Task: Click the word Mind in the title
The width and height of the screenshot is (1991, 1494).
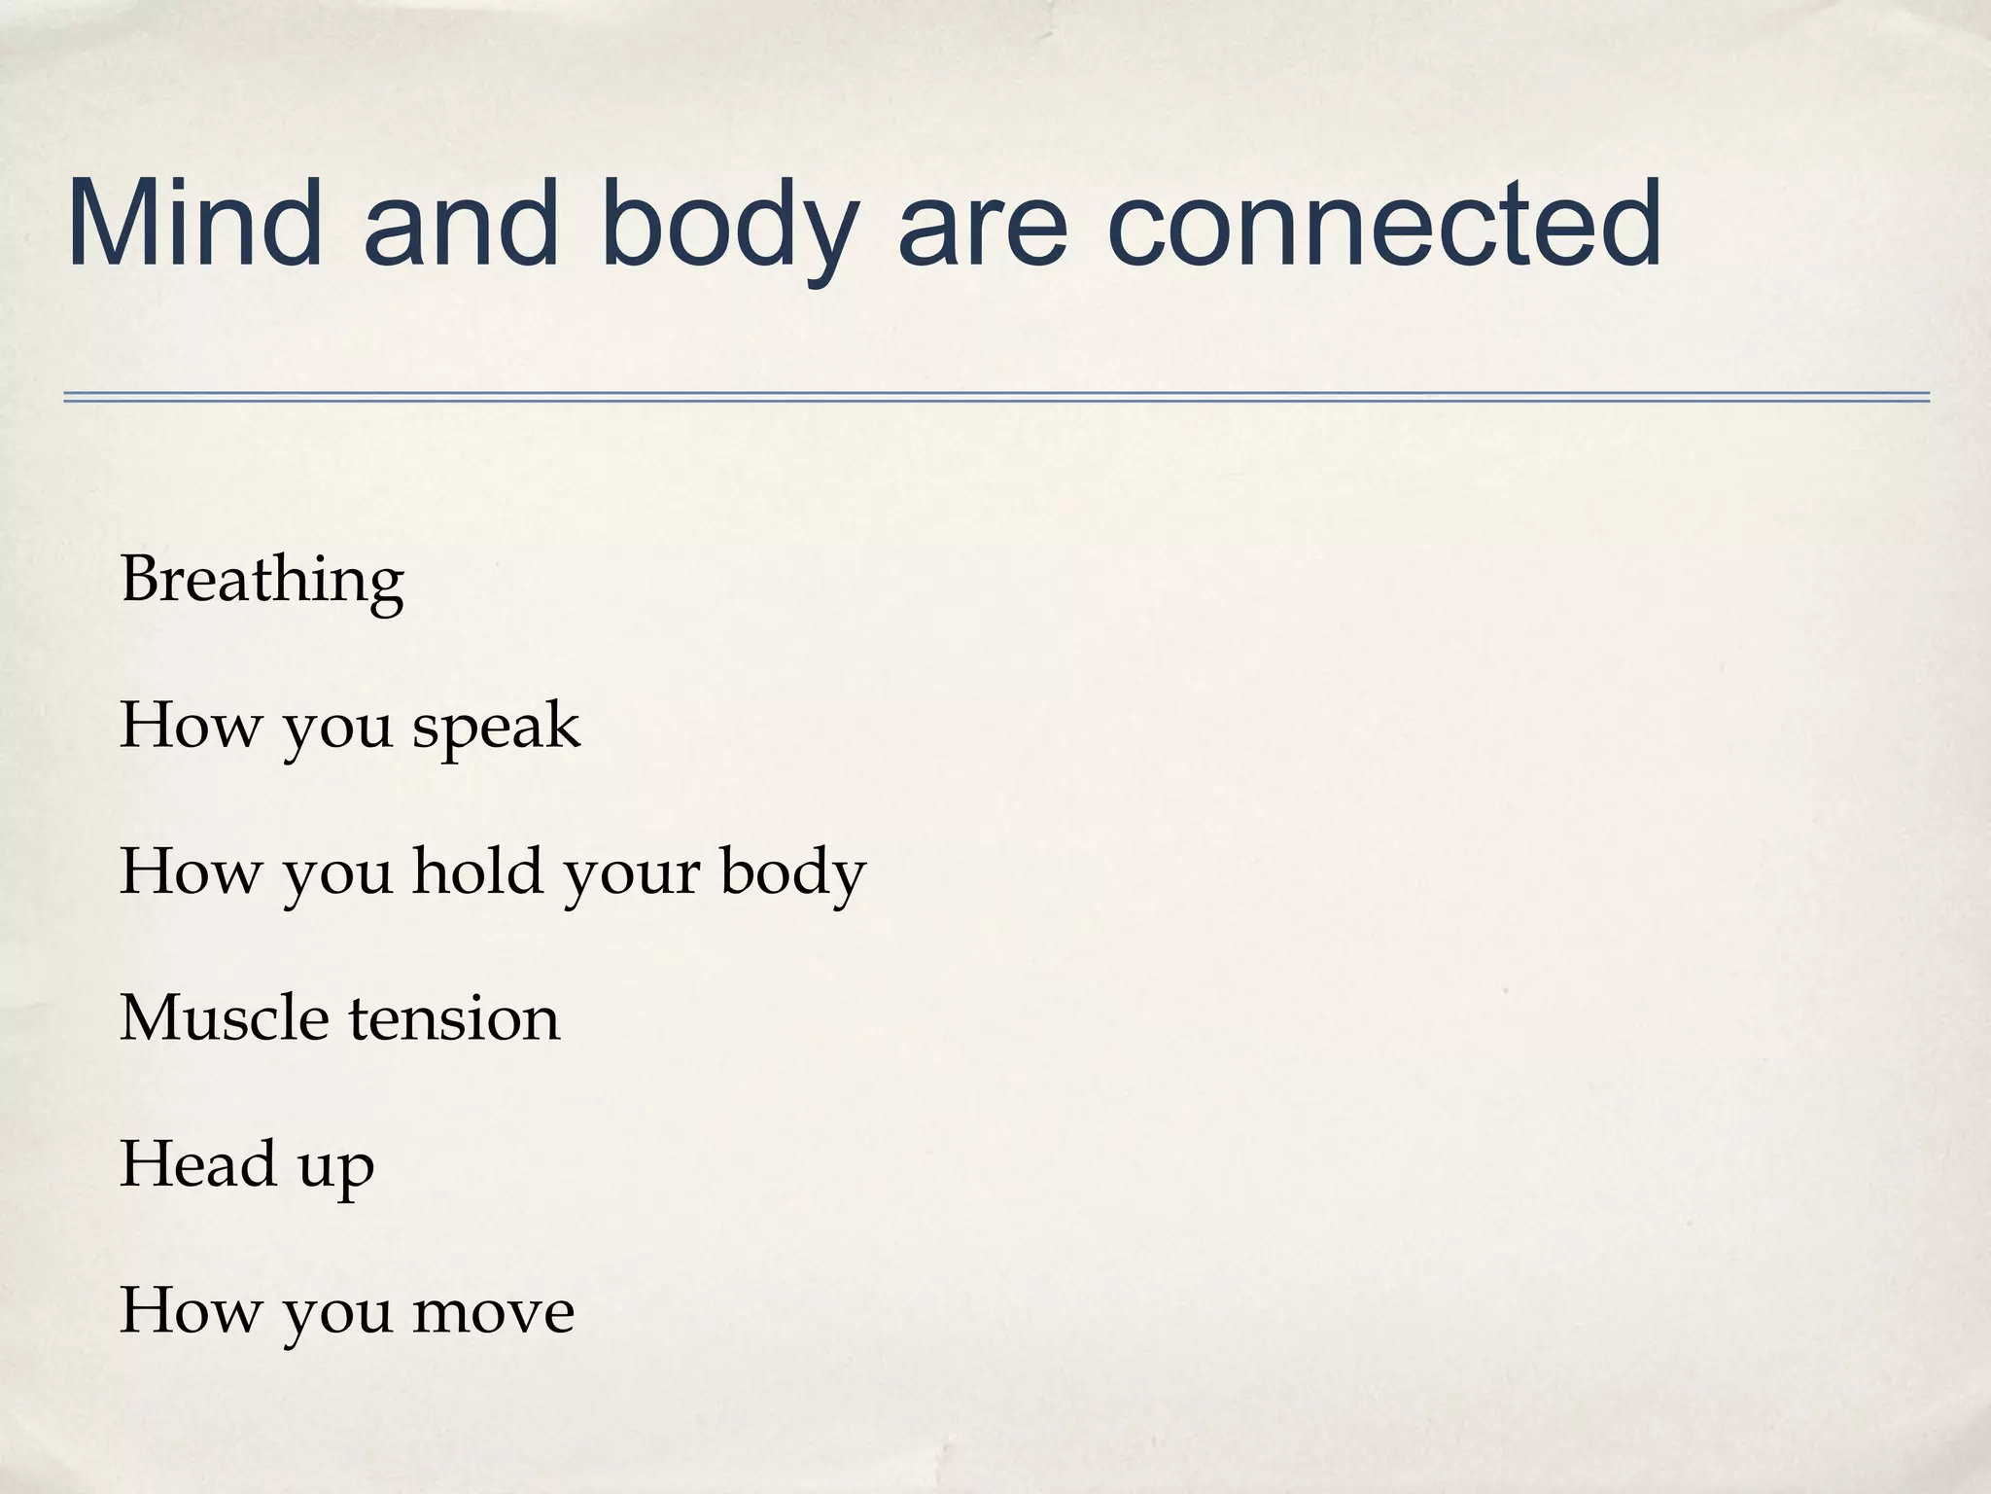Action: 195,223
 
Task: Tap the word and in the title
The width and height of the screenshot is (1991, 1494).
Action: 462,223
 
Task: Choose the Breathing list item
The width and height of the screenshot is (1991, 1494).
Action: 262,581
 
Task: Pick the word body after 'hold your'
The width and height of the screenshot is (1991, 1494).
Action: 792,872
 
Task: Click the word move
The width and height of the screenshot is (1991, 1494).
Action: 494,1311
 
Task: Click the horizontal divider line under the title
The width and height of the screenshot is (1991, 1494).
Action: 995,397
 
